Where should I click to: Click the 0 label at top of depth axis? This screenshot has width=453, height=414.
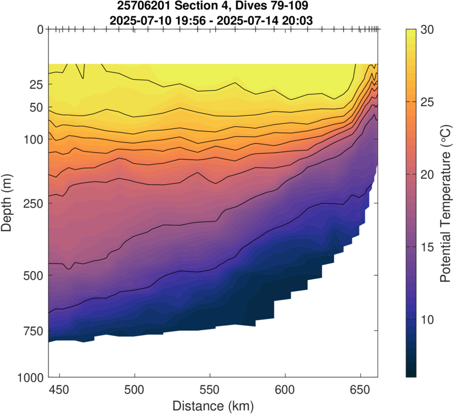pyautogui.click(x=40, y=29)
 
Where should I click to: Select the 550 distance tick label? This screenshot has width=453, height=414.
pyautogui.click(x=210, y=390)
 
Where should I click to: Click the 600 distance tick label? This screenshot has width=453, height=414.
pyautogui.click(x=285, y=390)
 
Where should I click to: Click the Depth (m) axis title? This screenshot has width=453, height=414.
pyautogui.click(x=7, y=202)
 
